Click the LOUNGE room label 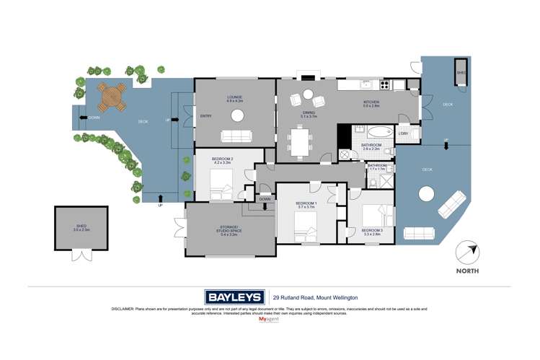[x=234, y=98]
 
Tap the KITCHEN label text [x=371, y=104]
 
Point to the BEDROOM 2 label [x=221, y=160]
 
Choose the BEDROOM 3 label [x=371, y=232]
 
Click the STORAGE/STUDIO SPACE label [x=229, y=230]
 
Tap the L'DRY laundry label [x=404, y=133]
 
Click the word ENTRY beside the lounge [x=206, y=116]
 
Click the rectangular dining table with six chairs [x=299, y=141]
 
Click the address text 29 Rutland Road [x=315, y=297]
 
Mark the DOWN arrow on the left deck [x=94, y=117]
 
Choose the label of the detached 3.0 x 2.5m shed [x=82, y=228]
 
